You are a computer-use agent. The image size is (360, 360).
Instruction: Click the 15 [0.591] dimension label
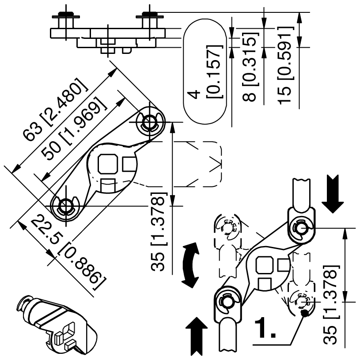pos(286,66)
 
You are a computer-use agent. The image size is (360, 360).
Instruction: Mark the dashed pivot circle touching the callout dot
pos(302,302)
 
